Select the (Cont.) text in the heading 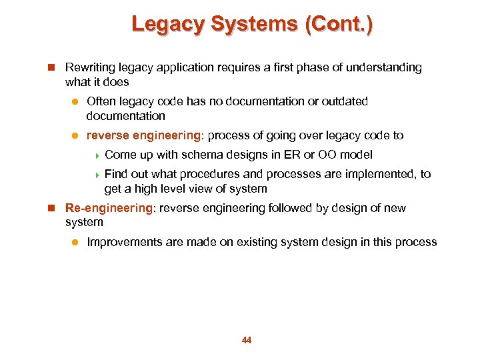coord(339,24)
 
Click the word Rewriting coord(89,67)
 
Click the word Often coord(101,101)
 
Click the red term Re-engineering coord(109,208)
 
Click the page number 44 coord(247,341)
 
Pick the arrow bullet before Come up coord(97,155)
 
